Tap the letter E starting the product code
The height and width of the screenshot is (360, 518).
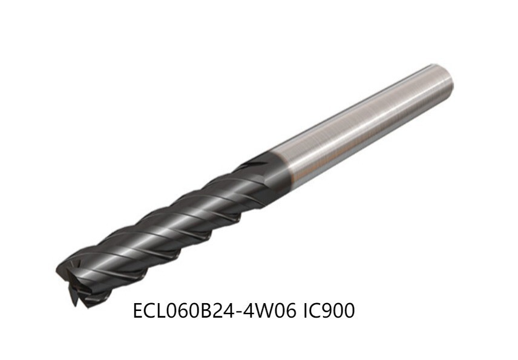138,312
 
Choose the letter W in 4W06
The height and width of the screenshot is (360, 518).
257,312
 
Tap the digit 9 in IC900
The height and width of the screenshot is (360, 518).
323,312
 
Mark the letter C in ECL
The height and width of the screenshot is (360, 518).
148,312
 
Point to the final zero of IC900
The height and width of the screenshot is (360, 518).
347,312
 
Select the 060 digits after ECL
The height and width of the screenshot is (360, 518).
179,312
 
